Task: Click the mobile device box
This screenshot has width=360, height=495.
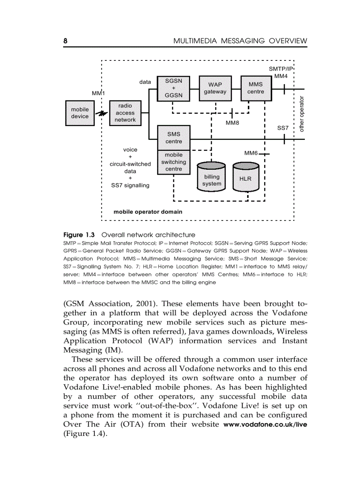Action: pos(80,113)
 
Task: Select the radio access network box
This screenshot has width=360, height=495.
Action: pos(126,113)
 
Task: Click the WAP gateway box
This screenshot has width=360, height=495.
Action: pos(215,88)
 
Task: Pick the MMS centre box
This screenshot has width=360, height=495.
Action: pos(255,88)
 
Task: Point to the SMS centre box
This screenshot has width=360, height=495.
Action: pos(173,138)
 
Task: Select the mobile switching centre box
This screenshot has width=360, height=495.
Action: pos(173,162)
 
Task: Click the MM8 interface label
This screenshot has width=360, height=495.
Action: pos(232,123)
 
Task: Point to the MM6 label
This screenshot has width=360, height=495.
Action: pos(251,153)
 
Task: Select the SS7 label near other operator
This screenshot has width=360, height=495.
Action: pos(283,128)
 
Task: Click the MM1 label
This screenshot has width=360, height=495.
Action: pos(98,93)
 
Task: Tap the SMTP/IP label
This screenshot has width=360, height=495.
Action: pos(281,68)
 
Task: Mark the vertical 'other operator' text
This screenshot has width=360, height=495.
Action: pos(302,113)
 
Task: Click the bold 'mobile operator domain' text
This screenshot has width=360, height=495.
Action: pos(148,212)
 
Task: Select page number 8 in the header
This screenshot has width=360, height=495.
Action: pos(65,41)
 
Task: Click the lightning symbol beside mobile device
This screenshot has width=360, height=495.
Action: pos(102,114)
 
